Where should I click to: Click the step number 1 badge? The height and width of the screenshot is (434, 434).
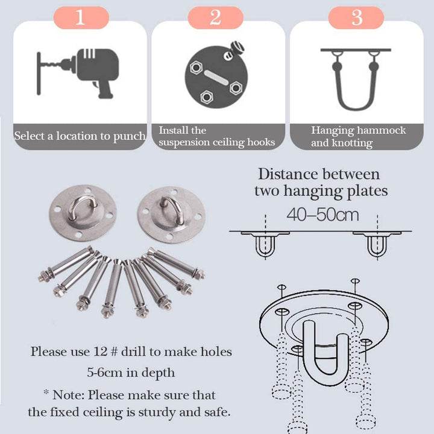point(80,17)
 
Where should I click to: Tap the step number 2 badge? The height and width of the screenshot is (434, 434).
point(215,17)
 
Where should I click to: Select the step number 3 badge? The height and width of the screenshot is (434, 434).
point(357,17)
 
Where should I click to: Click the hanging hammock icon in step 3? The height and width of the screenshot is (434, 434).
point(356,78)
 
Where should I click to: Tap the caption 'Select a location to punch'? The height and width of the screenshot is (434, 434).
point(80,136)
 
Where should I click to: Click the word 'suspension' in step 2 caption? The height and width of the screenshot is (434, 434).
point(188,142)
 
